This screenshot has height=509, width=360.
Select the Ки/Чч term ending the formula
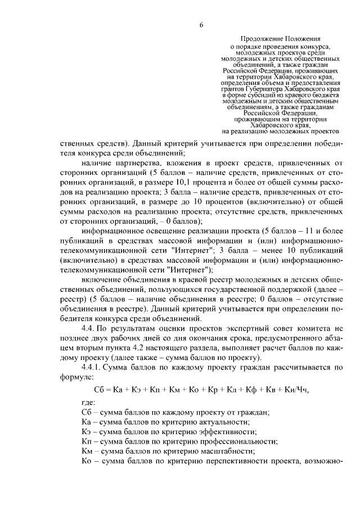point(296,389)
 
